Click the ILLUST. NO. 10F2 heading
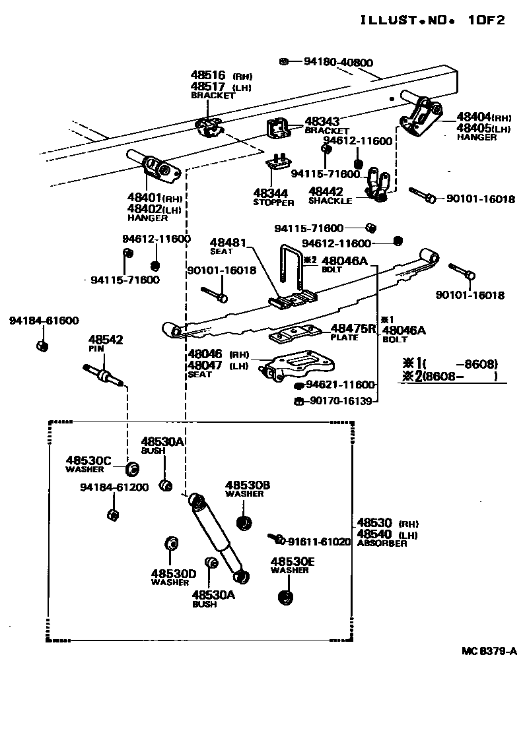pos(433,20)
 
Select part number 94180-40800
pos(338,63)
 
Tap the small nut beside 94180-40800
pos(283,61)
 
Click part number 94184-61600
pos(44,321)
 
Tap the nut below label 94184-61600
pos(41,346)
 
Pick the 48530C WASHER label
pos(88,464)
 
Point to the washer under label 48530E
pos(286,598)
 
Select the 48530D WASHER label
pos(173,577)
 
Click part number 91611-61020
pos(319,542)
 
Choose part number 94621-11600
pos(340,385)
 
